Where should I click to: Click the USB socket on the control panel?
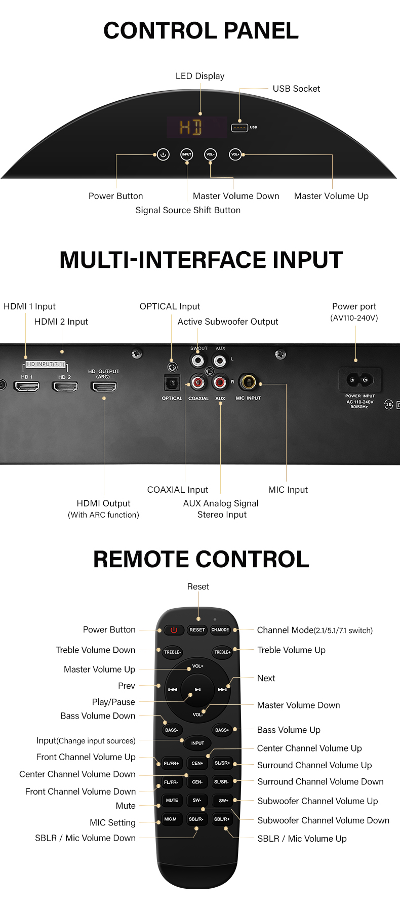[239, 127]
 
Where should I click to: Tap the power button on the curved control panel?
[163, 154]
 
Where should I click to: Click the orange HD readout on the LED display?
[191, 127]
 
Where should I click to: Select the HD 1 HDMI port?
[27, 387]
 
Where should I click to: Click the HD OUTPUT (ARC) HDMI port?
[104, 387]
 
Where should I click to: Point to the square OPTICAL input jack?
[172, 383]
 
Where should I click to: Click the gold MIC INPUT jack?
[248, 382]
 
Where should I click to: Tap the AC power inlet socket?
[360, 379]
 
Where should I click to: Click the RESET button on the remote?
[197, 630]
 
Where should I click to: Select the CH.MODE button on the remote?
[220, 630]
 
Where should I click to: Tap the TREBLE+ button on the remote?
[222, 652]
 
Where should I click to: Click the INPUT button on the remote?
[197, 743]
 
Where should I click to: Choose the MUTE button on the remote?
[172, 801]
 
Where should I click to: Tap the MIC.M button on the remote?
[171, 819]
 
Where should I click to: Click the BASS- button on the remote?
[172, 730]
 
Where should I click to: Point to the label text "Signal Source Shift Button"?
[188, 210]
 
